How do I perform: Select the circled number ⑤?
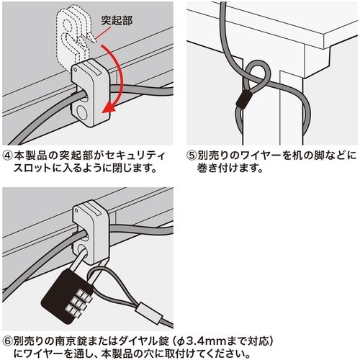pyautogui.click(x=192, y=153)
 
